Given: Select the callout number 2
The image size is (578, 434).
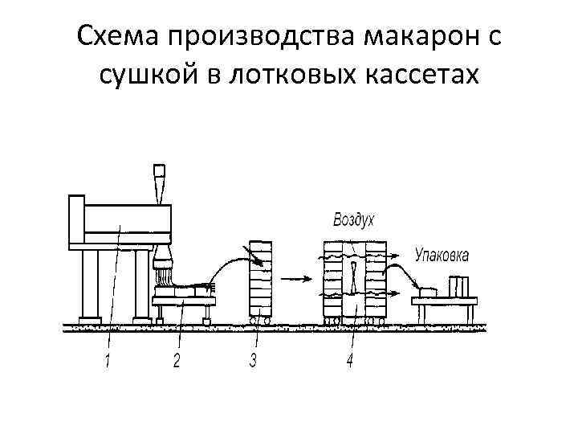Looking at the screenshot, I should click(177, 362).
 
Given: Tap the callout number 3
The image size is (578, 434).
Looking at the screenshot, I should click(254, 361).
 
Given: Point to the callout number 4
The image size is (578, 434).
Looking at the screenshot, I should click(349, 362).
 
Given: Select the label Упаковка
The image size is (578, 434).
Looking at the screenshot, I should click(442, 256).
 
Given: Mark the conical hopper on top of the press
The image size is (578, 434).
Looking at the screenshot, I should click(159, 183).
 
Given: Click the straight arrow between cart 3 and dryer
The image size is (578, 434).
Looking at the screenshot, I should click(295, 279).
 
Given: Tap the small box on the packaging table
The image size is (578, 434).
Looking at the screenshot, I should click(428, 289).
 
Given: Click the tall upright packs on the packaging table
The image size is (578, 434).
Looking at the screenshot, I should click(459, 286).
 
